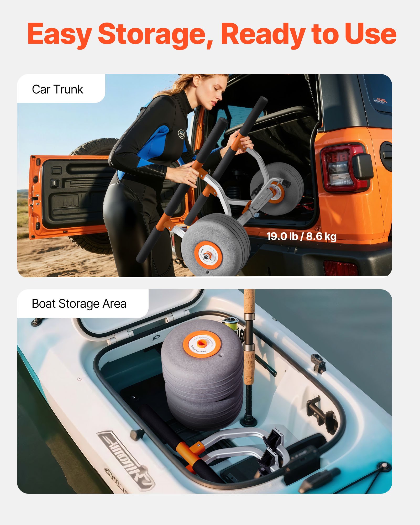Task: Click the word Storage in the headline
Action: click(155, 34)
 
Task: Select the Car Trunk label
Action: click(57, 90)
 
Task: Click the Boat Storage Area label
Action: click(79, 304)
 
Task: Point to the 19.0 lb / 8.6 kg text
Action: click(301, 237)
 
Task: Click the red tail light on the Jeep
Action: click(341, 168)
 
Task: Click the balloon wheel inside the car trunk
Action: click(277, 189)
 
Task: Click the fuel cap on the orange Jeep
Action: click(387, 155)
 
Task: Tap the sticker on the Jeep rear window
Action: click(380, 100)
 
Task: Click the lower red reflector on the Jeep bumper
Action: click(341, 268)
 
